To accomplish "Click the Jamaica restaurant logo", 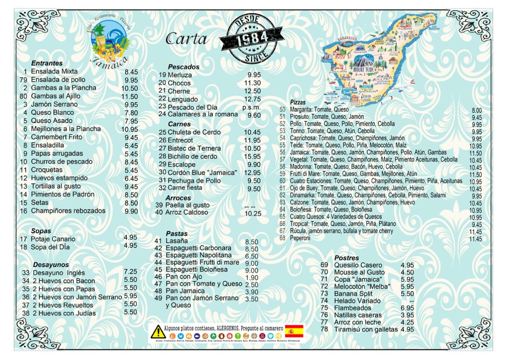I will (x=109, y=41).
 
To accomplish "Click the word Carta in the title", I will (x=187, y=39).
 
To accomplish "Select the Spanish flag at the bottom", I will (x=294, y=331).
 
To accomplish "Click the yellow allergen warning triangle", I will (x=158, y=332).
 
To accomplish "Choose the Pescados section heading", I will (x=183, y=67).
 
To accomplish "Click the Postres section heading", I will (x=347, y=258).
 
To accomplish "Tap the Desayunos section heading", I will (x=51, y=265).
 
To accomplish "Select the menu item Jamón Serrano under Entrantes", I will (x=54, y=104).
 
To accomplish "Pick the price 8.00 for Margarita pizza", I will (x=477, y=111).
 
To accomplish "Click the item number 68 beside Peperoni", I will (x=282, y=238).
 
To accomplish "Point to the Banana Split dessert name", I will (x=353, y=294).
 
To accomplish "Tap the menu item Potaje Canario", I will (x=53, y=239).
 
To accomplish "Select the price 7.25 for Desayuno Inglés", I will (x=130, y=271).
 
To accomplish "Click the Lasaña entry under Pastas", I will (x=177, y=241).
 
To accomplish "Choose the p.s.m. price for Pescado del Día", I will (x=251, y=107).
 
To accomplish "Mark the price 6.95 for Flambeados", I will (x=407, y=308).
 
